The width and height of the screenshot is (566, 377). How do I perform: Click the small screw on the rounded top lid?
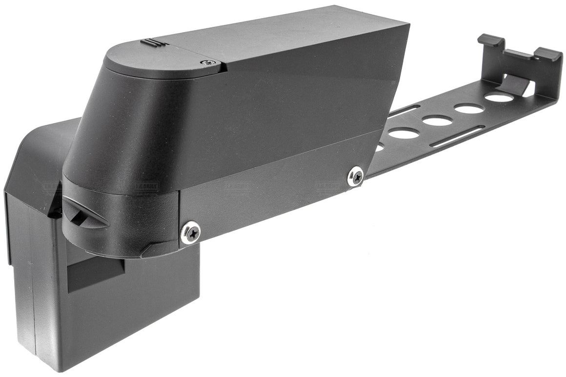point(209,62)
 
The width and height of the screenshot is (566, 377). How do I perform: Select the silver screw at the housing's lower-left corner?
point(190,232)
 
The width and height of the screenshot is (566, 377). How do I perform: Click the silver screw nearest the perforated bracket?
point(356,176)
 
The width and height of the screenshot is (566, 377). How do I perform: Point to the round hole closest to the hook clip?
point(499,98)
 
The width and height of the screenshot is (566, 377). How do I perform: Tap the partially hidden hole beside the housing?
point(379,147)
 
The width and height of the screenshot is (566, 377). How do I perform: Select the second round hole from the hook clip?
point(468,108)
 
